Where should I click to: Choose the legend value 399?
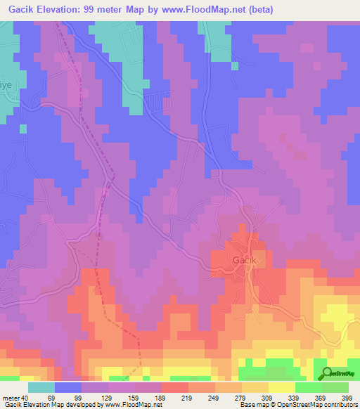(x=347, y=397)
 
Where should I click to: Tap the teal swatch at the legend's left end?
(x=41, y=387)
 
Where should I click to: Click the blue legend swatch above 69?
(x=68, y=387)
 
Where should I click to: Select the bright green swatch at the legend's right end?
(x=335, y=387)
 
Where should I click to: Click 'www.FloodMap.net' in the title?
(x=195, y=9)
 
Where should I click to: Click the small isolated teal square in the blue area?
(x=22, y=128)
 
